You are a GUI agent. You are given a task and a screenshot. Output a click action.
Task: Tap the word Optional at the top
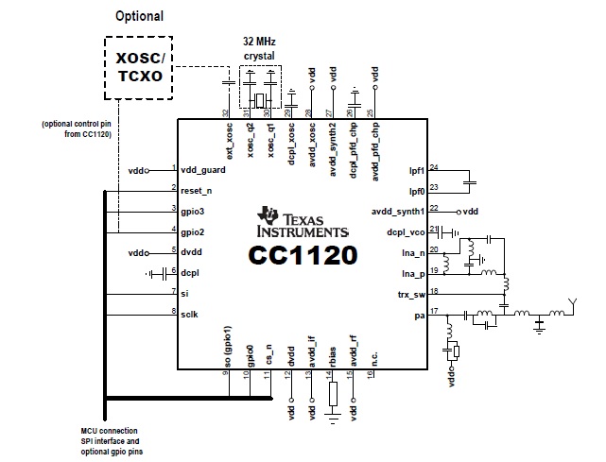pos(140,16)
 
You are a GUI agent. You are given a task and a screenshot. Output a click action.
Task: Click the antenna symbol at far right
pos(573,306)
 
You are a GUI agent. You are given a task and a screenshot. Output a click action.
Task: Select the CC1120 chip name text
pos(303,255)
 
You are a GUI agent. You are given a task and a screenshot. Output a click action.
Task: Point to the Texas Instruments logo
pos(303,222)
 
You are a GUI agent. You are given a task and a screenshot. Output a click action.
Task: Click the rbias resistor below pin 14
pos(333,394)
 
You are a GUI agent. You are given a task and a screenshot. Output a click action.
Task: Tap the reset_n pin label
pos(197,191)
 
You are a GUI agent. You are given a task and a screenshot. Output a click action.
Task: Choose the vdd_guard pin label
pos(203,170)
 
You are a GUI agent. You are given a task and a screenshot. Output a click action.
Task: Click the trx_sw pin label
pos(411,295)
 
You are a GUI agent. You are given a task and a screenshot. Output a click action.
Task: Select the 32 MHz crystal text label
pos(259,48)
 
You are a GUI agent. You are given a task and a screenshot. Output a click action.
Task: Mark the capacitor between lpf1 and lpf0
pos(470,182)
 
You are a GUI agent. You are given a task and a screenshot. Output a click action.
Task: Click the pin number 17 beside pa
pos(434,311)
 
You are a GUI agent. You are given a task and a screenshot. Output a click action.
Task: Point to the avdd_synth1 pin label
pos(398,212)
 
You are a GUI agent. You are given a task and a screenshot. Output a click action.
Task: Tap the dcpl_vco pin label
pos(406,232)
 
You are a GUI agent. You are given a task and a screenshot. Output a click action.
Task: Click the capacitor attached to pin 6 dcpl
pos(164,274)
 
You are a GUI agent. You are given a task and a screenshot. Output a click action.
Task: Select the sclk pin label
pos(189,315)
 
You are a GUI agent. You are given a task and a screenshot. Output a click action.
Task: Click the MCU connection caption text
pos(112,441)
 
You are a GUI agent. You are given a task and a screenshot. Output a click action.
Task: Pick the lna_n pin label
pos(413,253)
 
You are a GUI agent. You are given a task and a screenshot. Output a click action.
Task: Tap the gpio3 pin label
pos(193,212)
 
